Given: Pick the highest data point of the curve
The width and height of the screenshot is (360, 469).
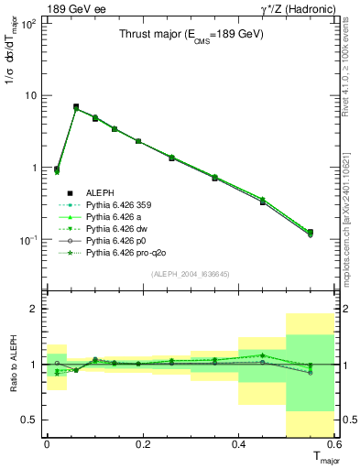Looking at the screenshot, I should tap(76, 107).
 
